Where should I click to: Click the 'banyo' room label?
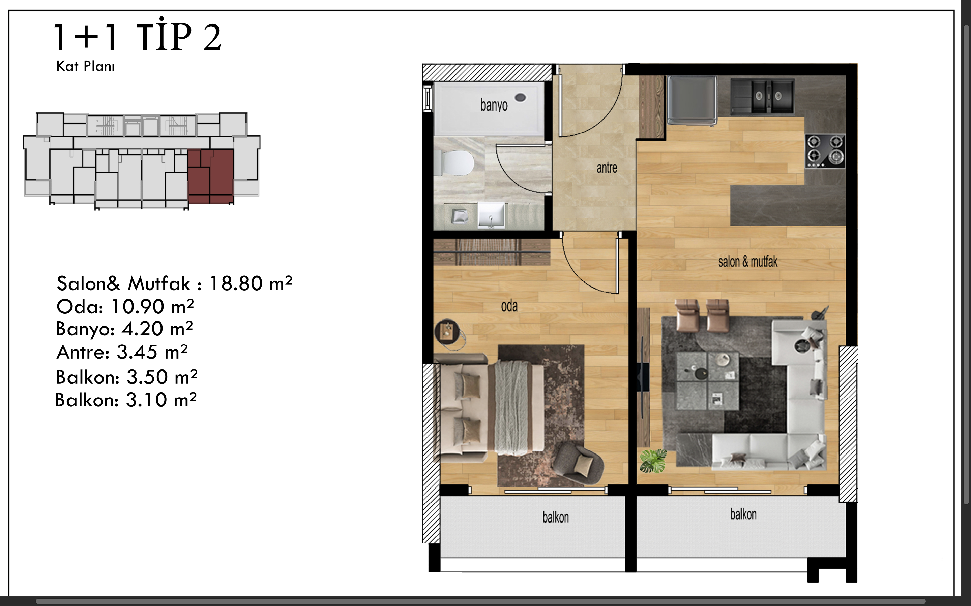[x=494, y=105]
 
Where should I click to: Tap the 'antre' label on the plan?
[x=607, y=168]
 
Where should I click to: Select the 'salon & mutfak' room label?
[x=747, y=262]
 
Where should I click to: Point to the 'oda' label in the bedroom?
[x=509, y=306]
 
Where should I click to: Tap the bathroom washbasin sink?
[x=491, y=215]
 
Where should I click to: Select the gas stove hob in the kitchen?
[x=825, y=151]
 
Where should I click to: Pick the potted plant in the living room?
[x=653, y=461]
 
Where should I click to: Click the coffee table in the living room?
[x=707, y=381]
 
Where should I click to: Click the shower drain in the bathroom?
[x=521, y=97]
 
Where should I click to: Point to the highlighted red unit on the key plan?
[x=211, y=176]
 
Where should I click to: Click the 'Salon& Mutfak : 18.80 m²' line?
[x=174, y=283]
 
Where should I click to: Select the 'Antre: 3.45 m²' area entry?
[x=122, y=352]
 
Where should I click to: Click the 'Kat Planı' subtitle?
[x=85, y=66]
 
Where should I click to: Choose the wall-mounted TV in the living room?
[x=643, y=377]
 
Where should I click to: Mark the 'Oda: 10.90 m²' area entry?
[x=125, y=307]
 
